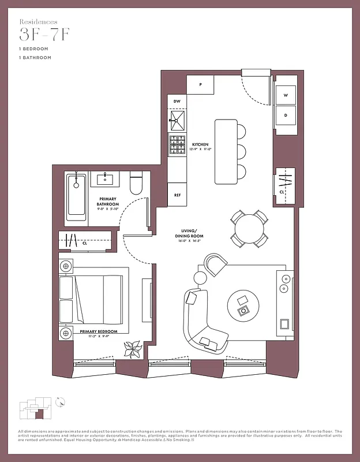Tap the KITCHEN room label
tap(200, 144)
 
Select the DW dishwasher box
tap(177, 102)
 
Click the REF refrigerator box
tap(177, 195)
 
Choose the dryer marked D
tap(286, 115)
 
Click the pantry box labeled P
tap(200, 84)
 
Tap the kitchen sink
tap(177, 121)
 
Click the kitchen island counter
tap(226, 152)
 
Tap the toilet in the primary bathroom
tap(136, 184)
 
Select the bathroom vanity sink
tap(106, 179)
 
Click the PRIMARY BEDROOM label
tap(99, 331)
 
